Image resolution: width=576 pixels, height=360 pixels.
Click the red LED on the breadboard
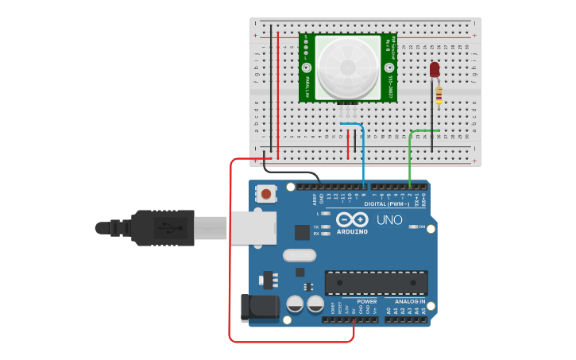tap(435, 70)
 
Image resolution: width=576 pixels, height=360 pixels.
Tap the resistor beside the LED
tap(439, 95)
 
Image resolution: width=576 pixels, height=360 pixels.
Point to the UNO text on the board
tap(389, 220)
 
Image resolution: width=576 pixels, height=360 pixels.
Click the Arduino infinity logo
tap(352, 219)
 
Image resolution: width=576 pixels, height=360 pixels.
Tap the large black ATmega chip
tap(376, 282)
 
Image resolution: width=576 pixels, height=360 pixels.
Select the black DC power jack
tap(258, 308)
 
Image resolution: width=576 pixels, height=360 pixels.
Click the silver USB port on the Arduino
tap(253, 227)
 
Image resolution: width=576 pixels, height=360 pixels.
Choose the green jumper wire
tap(410, 155)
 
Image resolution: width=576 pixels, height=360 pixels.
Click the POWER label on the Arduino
tap(367, 302)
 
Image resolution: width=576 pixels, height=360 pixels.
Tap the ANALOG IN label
tap(409, 302)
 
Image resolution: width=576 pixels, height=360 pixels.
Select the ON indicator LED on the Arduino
tap(412, 226)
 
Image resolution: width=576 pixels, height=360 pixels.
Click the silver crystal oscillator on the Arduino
tap(299, 256)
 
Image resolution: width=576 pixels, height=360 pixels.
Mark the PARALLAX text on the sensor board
tap(307, 80)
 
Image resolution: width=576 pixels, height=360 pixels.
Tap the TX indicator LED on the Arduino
tap(325, 227)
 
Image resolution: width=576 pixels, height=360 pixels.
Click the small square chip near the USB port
tap(301, 232)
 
